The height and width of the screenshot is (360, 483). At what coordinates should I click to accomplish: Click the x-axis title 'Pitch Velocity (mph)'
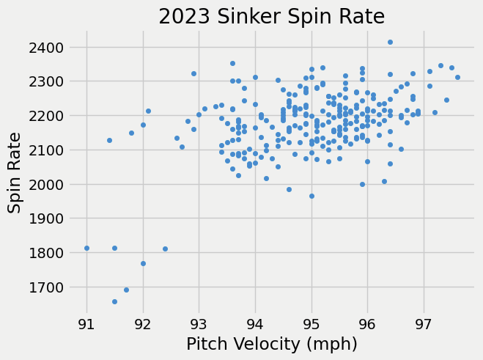point(272,344)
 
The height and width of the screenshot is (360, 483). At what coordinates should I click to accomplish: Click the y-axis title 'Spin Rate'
point(15,167)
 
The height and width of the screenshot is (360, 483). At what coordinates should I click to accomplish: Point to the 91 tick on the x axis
point(86,323)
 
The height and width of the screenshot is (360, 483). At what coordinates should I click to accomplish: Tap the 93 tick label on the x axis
point(199,323)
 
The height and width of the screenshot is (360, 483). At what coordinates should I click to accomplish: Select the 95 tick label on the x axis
point(311,323)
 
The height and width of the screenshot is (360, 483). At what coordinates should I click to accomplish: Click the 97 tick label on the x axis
point(424,323)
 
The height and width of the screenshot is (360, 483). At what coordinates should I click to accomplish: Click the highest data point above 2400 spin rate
point(390,42)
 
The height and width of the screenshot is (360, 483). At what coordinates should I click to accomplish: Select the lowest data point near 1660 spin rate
point(114,301)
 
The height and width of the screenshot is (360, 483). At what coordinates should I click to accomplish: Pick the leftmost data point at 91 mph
point(86,248)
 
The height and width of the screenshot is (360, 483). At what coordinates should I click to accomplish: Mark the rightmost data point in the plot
point(457,77)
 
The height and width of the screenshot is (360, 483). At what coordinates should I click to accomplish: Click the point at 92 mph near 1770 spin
point(143,263)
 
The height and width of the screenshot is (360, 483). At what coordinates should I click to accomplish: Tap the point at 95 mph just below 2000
point(311,196)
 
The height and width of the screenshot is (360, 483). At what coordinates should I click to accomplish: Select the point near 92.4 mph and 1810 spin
point(165,249)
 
